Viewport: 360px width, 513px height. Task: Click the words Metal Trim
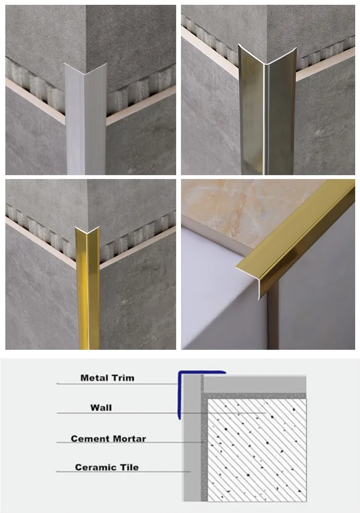click(x=108, y=378)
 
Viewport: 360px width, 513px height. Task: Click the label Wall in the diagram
click(x=101, y=407)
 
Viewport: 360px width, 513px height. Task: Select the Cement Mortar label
click(x=108, y=439)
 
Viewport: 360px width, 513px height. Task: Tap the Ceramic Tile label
click(x=107, y=467)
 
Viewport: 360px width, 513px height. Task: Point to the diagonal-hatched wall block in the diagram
click(x=257, y=450)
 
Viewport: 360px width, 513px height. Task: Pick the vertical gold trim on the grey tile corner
click(x=88, y=288)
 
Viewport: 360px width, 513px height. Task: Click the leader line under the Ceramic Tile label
click(x=123, y=471)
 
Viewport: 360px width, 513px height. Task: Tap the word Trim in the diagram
click(x=123, y=378)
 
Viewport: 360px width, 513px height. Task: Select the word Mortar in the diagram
click(x=130, y=439)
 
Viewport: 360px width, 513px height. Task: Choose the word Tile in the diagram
click(x=130, y=467)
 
